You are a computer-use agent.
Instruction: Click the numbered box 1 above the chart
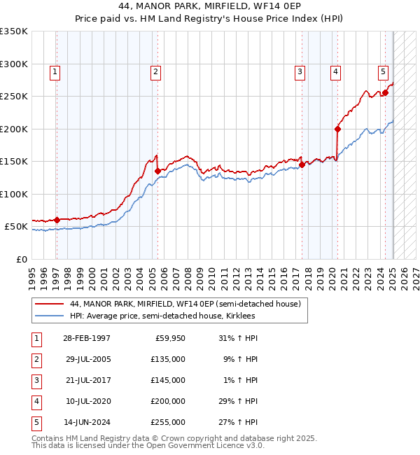55,71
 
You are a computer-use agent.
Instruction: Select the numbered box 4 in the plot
336,71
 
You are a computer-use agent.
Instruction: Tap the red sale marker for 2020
337,129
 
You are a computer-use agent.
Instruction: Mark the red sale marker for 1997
57,220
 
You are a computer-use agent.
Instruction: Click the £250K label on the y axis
14,96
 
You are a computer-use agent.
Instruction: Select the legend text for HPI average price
162,316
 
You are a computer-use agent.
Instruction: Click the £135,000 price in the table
168,359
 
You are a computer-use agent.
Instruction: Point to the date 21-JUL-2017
87,380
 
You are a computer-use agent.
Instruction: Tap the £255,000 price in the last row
168,422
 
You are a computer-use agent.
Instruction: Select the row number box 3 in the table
36,380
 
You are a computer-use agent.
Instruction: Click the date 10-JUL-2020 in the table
87,401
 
